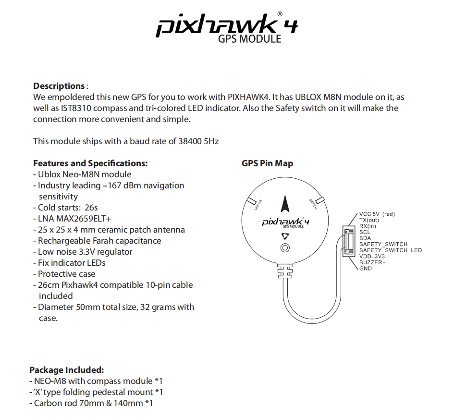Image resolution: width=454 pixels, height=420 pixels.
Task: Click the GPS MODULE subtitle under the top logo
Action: (x=249, y=38)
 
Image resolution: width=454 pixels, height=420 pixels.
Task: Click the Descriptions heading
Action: (x=59, y=86)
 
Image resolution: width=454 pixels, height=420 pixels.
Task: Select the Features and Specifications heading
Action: (x=90, y=163)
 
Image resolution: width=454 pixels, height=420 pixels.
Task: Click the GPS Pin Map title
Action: (x=267, y=163)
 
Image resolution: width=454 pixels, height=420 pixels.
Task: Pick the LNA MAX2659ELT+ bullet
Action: (x=74, y=219)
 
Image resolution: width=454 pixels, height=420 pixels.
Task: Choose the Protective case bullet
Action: (x=67, y=274)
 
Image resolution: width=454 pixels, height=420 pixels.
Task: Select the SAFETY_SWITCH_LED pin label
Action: (x=390, y=250)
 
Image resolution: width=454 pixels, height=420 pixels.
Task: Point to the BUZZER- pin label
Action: (x=372, y=262)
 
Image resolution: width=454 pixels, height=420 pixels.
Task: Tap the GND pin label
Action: (x=366, y=268)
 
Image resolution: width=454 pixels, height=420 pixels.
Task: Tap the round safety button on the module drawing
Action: (x=285, y=248)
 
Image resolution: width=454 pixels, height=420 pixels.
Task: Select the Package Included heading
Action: (x=66, y=370)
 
